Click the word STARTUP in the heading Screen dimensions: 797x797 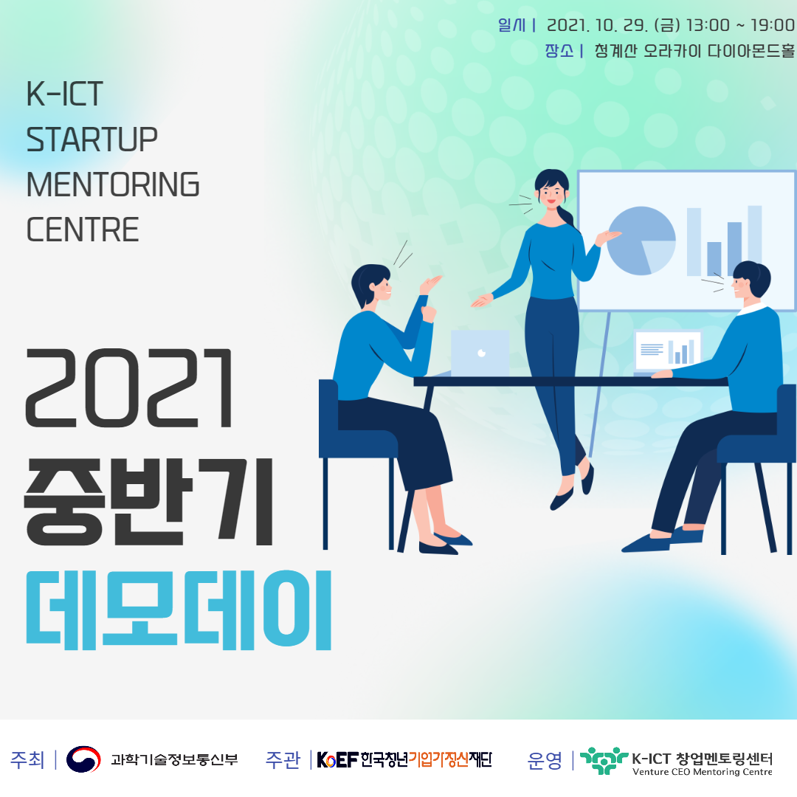(92, 139)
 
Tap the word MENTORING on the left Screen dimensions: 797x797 (113, 184)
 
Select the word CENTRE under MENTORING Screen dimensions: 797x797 (83, 230)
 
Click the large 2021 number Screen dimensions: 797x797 (129, 388)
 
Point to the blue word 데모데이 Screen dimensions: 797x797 (179, 610)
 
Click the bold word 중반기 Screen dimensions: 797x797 (148, 502)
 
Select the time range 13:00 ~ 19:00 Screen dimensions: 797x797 (740, 25)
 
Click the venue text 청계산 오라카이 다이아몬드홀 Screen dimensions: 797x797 (694, 51)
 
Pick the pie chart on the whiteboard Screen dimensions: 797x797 (641, 241)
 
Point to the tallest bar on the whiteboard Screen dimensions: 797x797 (755, 241)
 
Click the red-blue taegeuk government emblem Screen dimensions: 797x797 (83, 759)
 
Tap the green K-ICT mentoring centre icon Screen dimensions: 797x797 (604, 760)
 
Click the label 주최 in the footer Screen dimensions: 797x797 (27, 760)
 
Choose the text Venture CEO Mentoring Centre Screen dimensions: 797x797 (703, 772)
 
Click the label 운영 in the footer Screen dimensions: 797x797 (545, 760)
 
